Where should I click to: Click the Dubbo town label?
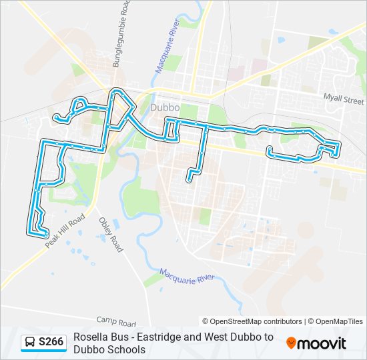(163, 107)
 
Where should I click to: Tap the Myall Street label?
(344, 99)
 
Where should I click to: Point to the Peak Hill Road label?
(65, 231)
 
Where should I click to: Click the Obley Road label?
(111, 235)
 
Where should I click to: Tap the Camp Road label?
(116, 321)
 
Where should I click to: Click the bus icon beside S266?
(30, 343)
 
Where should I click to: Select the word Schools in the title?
(128, 349)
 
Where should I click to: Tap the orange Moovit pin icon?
(291, 343)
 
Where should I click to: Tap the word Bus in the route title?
(117, 337)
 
